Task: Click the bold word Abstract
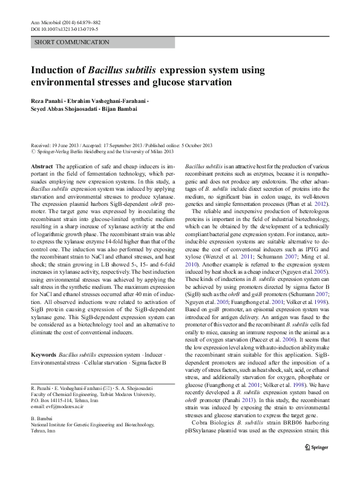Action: (42, 165)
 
